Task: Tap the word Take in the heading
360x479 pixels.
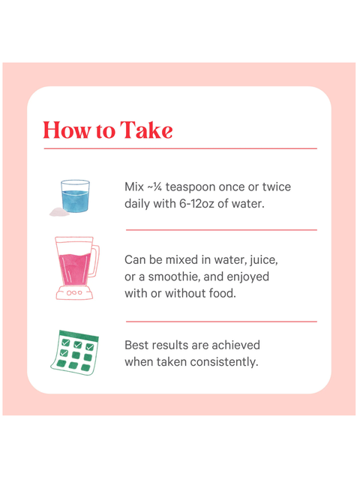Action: pos(146,130)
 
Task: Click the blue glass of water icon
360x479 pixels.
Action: pos(75,196)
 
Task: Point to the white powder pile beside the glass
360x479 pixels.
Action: pos(59,211)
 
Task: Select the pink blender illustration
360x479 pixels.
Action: pos(77,268)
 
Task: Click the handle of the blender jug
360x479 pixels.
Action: pos(95,261)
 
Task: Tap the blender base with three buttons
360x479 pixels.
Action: pos(74,292)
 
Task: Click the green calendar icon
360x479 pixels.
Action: pos(75,352)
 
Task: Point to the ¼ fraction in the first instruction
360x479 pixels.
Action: pos(157,187)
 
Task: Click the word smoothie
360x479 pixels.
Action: pos(174,277)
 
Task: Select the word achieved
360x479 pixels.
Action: pos(235,346)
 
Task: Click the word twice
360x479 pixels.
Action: pos(277,187)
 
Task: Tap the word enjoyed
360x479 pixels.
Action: pos(247,277)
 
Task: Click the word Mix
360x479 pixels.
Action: pos(134,187)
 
